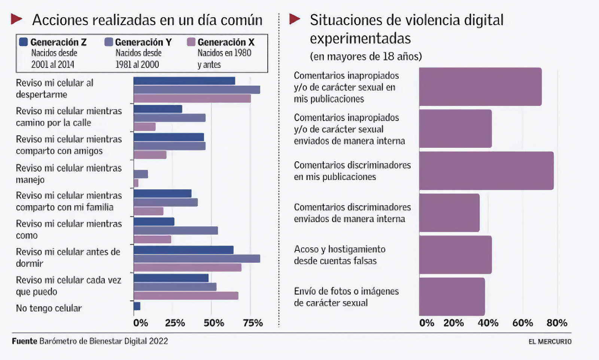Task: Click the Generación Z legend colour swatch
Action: click(x=23, y=42)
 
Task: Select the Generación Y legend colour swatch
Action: click(x=109, y=42)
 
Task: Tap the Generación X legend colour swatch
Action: click(x=191, y=42)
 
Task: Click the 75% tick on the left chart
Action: click(x=253, y=323)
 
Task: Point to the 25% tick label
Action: click(x=175, y=323)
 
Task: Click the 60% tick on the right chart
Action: click(x=522, y=323)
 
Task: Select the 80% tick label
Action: click(x=557, y=323)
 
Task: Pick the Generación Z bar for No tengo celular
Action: click(x=137, y=306)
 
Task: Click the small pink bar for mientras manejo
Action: click(x=136, y=183)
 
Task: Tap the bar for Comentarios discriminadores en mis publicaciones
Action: click(x=486, y=171)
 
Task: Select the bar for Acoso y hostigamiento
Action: click(x=455, y=255)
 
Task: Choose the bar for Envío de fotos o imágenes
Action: click(x=452, y=297)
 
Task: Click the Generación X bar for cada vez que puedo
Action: click(x=186, y=296)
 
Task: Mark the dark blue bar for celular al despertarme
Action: click(x=184, y=81)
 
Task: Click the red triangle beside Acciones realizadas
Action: click(x=16, y=19)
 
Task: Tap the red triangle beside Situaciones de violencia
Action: click(x=295, y=19)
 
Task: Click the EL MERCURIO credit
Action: click(x=550, y=342)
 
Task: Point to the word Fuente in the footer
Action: click(x=25, y=341)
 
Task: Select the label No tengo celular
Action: click(x=49, y=308)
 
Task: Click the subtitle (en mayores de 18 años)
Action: click(x=366, y=57)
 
